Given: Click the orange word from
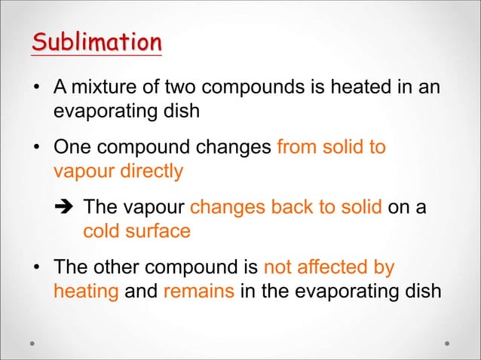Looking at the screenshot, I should (x=299, y=147).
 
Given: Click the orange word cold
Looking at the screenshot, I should (x=103, y=230).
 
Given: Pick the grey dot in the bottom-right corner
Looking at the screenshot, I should (x=447, y=343).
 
